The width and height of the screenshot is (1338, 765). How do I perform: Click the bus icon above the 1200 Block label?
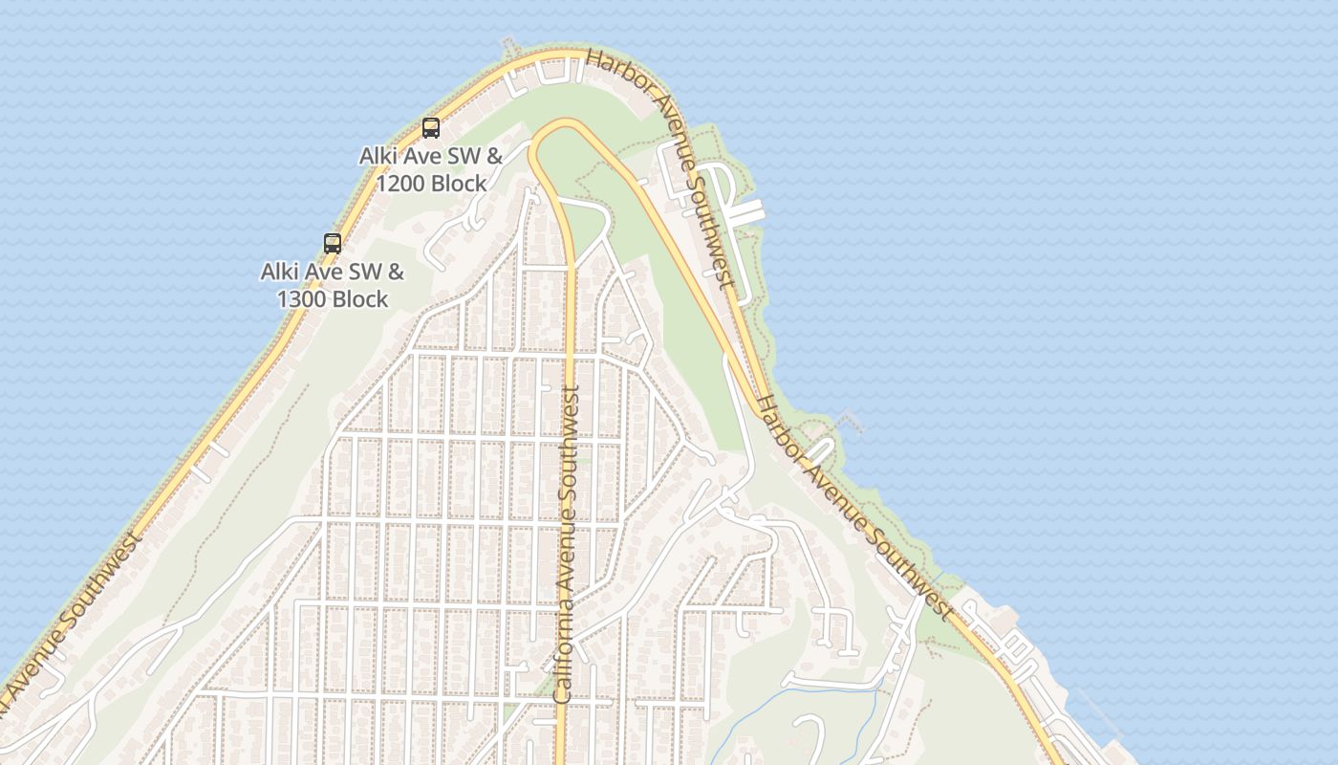(431, 127)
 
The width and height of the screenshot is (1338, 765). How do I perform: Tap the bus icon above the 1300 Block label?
(333, 243)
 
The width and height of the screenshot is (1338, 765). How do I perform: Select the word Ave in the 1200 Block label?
(421, 156)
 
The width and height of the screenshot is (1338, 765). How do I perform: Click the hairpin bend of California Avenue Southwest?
(564, 122)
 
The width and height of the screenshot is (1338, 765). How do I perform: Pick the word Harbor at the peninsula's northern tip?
(621, 73)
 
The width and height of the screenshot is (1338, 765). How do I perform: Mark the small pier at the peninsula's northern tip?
(509, 45)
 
